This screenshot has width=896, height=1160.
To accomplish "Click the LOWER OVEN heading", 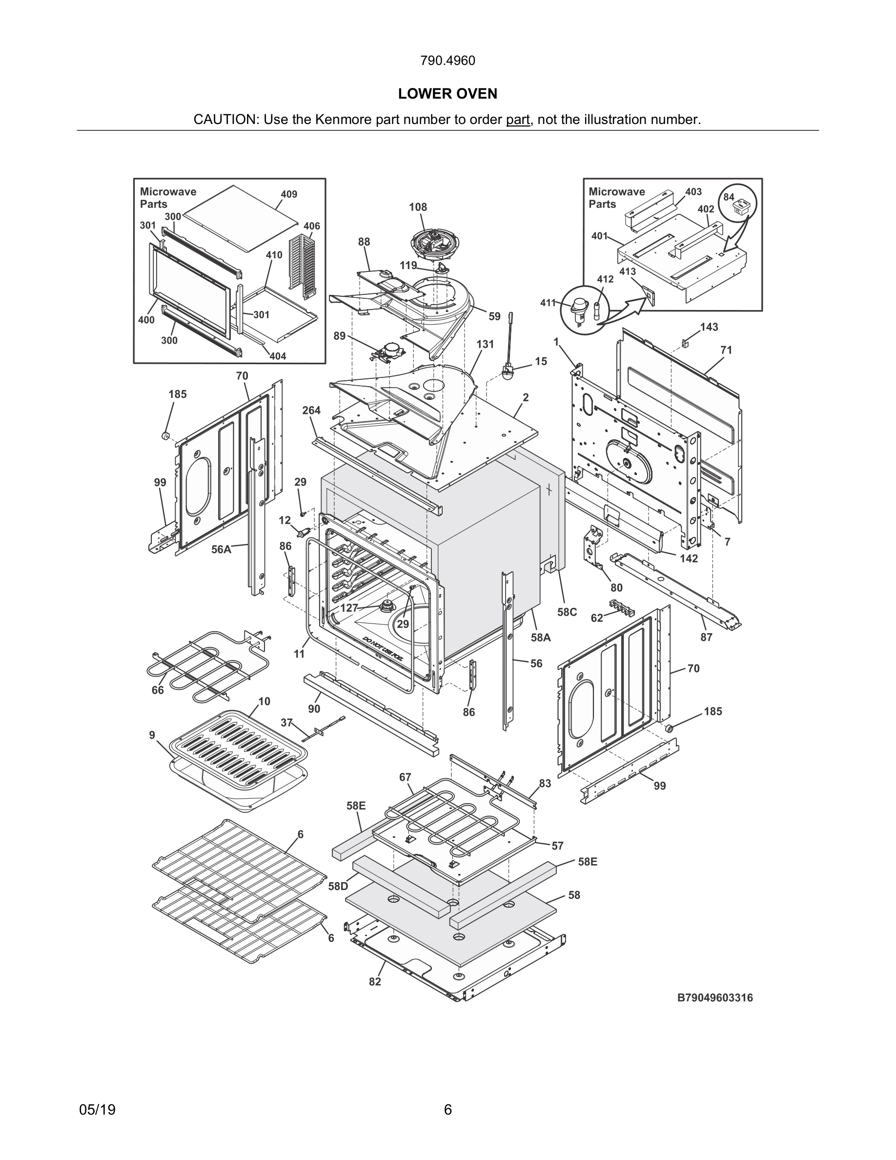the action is (448, 94).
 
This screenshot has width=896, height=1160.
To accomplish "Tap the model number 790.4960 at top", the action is (448, 61).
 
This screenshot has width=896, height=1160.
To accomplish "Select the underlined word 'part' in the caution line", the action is (517, 120).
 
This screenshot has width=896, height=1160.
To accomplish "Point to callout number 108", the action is (418, 207).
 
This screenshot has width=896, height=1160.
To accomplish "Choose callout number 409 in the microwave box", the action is (289, 194).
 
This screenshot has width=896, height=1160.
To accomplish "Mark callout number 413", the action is (628, 271).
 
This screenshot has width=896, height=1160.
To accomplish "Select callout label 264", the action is (311, 410).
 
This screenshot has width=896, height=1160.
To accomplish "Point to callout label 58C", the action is (567, 612).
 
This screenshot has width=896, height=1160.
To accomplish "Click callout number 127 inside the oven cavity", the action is (349, 608).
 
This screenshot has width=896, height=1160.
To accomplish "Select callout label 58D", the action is (338, 886).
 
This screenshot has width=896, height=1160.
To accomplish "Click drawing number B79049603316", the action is (714, 997).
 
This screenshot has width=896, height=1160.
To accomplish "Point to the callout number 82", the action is (375, 981).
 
